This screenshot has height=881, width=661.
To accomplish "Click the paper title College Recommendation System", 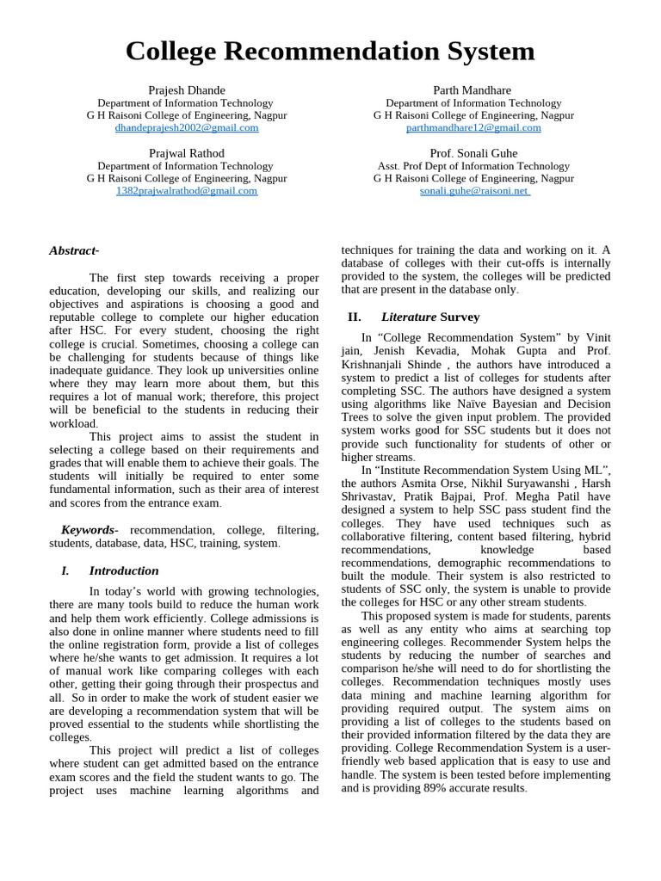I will pos(330,52).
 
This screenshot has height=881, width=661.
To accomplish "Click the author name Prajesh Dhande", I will pos(186,90).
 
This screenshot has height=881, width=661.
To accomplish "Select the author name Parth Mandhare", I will pos(473,90).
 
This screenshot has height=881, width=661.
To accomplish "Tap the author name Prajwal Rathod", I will pos(186,153).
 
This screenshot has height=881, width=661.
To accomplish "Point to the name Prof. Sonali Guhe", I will pos(473,153).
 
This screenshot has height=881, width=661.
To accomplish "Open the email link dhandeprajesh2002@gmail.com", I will pos(186,127).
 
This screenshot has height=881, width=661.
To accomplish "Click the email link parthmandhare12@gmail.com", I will pos(473,127).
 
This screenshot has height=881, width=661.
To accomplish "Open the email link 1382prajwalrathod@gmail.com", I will pos(186,191).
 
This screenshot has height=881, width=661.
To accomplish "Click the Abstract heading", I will pos(74,250).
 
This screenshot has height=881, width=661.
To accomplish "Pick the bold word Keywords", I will pos(87,530).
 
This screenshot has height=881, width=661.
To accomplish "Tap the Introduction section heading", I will pos(124,570).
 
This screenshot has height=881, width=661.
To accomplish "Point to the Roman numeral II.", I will pos(354,317).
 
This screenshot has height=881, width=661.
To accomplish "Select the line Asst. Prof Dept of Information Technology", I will pos(473,166).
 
